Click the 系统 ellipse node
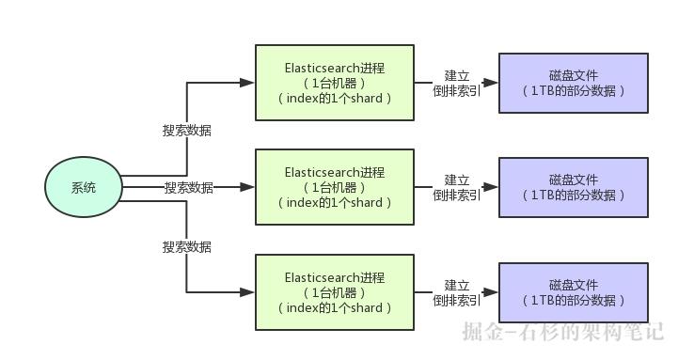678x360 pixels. (84, 187)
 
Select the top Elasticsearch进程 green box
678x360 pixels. (335, 83)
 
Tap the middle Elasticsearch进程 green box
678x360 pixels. (335, 187)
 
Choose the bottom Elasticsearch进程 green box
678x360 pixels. (335, 292)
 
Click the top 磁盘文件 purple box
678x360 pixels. (573, 83)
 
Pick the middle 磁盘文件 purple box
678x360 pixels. (573, 187)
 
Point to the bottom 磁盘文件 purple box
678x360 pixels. (573, 292)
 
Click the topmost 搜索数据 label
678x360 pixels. (187, 131)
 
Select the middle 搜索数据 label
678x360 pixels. (188, 187)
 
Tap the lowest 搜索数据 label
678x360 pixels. (187, 247)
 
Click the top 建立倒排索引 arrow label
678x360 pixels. (457, 83)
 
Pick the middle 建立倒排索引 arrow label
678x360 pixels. (457, 187)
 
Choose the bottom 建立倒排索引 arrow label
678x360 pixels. (457, 292)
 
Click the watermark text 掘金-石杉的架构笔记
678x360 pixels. (562, 332)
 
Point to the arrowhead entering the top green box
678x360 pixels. (248, 83)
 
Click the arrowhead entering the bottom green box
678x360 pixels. (248, 292)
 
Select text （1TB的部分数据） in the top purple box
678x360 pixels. (573, 91)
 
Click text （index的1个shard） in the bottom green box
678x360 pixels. (335, 307)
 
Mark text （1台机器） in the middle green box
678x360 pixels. (335, 187)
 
